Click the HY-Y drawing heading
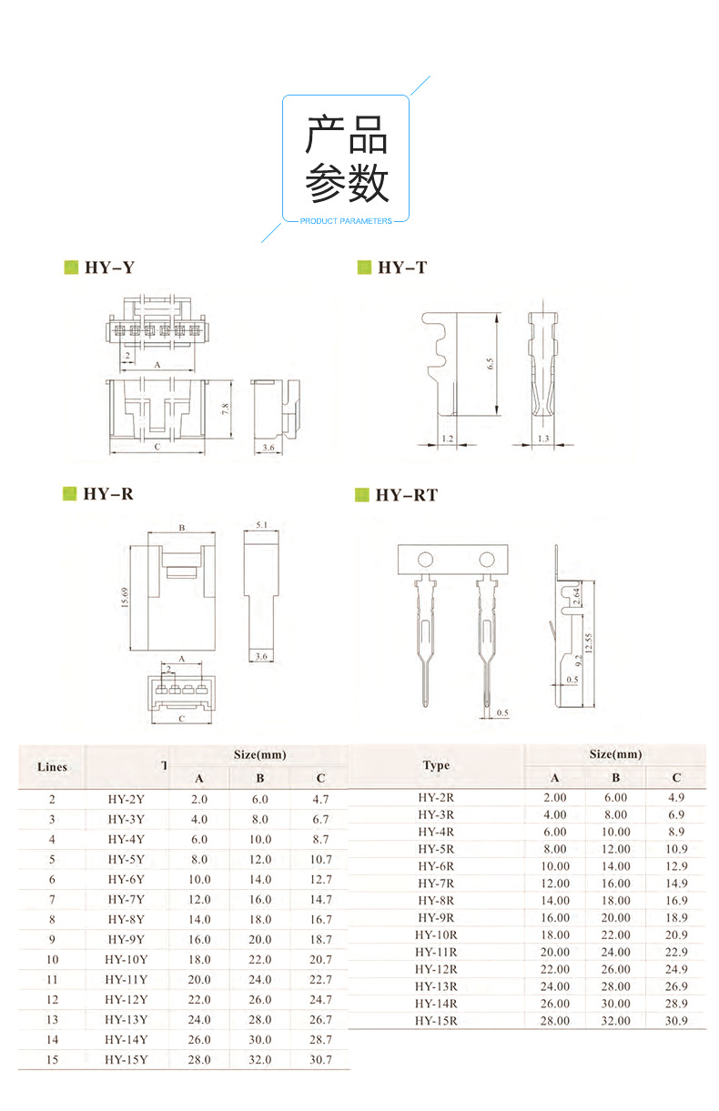[x=109, y=268]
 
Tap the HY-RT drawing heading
[x=406, y=495]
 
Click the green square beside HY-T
[x=363, y=268]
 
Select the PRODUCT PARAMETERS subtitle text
[x=346, y=221]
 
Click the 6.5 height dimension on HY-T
[x=490, y=363]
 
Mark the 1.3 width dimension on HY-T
[x=543, y=439]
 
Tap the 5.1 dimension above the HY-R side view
[x=262, y=525]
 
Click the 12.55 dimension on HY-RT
[x=589, y=642]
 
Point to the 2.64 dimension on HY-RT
[x=576, y=596]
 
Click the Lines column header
[x=53, y=767]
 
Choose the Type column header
[x=436, y=765]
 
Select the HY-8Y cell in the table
[x=126, y=919]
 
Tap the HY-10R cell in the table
[x=436, y=934]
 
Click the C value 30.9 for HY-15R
[x=676, y=1021]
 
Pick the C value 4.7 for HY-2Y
[x=320, y=799]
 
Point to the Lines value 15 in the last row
[x=53, y=1059]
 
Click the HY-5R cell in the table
[x=436, y=849]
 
